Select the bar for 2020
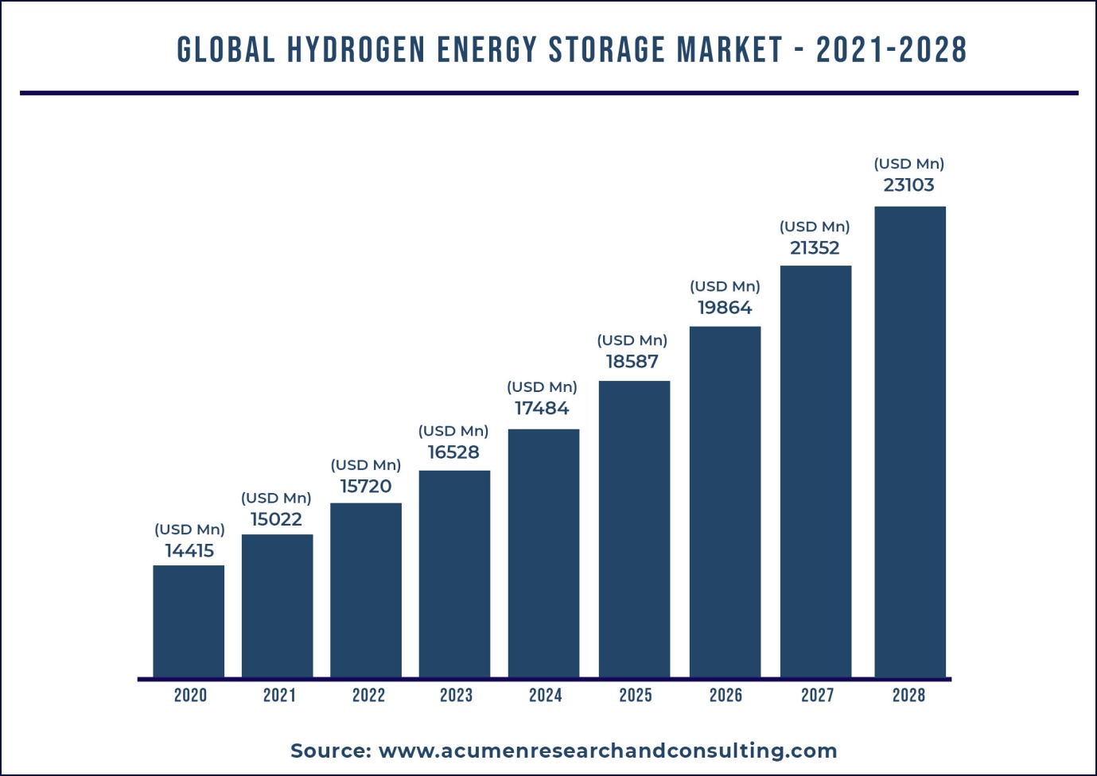click(189, 621)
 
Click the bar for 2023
click(454, 573)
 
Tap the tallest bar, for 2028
click(909, 441)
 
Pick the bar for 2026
click(725, 502)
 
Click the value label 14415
click(189, 551)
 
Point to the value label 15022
click(276, 519)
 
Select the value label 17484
click(542, 409)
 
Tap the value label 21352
click(815, 248)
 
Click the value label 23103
click(908, 185)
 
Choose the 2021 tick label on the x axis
click(279, 696)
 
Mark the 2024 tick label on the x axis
click(545, 696)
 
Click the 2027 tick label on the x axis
click(817, 696)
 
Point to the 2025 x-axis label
click(636, 696)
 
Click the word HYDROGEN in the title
click(356, 50)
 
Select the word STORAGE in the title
click(607, 50)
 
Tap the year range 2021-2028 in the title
click(891, 50)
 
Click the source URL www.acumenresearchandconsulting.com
click(608, 751)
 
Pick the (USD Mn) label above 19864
click(725, 286)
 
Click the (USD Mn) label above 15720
click(366, 465)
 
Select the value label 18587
click(632, 362)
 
